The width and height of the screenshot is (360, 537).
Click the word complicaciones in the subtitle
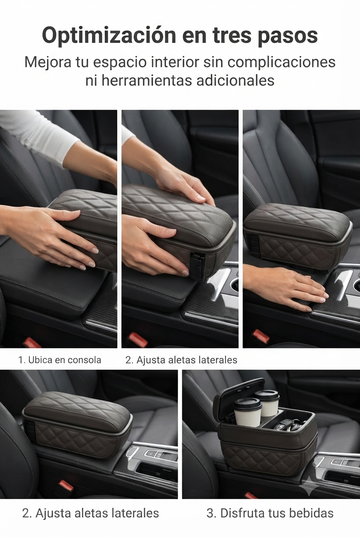[281, 63]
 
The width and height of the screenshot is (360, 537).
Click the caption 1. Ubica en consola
[60, 360]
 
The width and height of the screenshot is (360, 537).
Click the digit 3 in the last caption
[210, 513]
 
